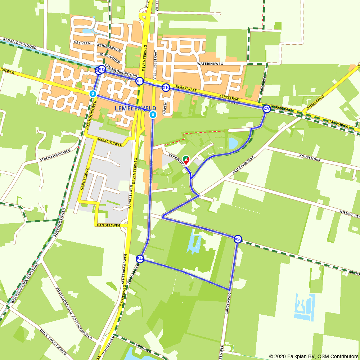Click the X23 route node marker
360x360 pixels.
[x=238, y=239]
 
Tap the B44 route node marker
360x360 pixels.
[x=140, y=259]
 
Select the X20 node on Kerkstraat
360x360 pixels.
[x=266, y=109]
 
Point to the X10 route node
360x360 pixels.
[x=166, y=87]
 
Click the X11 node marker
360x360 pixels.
[x=140, y=81]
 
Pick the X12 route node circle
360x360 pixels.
[x=102, y=69]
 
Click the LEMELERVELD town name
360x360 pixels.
[x=135, y=108]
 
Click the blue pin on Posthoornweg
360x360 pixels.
[x=93, y=94]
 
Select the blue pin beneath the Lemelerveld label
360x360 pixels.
[x=153, y=115]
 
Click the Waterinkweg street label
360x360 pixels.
[x=210, y=64]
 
